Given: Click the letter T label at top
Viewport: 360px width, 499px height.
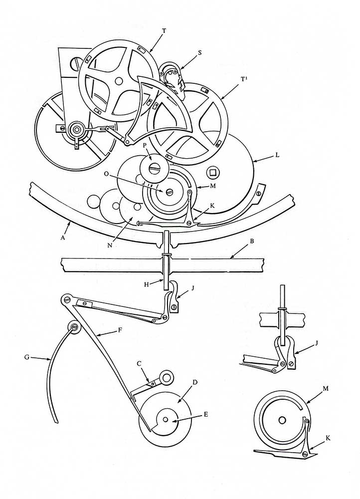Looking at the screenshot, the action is (x=164, y=30).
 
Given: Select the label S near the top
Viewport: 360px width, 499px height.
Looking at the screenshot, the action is (x=200, y=53).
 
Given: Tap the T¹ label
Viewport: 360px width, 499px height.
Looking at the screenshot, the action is (x=244, y=79).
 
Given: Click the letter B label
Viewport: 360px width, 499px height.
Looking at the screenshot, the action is (x=252, y=241).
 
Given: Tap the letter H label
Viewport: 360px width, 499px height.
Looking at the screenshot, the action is (x=147, y=284).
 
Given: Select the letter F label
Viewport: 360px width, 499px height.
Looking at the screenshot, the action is (x=120, y=330).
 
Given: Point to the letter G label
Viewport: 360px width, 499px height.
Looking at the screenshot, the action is (x=27, y=357).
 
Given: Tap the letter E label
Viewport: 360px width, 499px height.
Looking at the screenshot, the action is (x=206, y=414).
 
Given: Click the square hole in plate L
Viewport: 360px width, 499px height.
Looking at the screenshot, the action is (x=211, y=172).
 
